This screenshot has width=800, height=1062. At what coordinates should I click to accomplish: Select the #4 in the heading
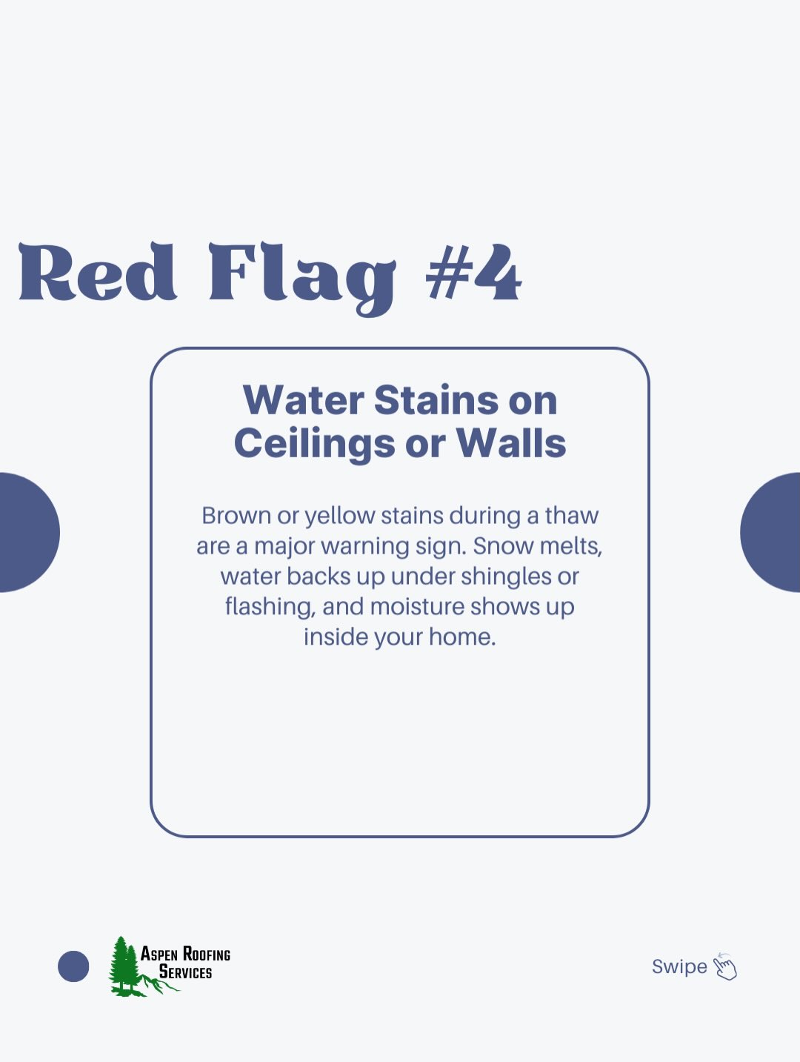pyautogui.click(x=474, y=272)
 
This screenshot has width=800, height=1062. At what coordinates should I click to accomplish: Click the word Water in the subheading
pyautogui.click(x=303, y=400)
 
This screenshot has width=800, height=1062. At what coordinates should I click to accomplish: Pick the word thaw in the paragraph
pyautogui.click(x=572, y=516)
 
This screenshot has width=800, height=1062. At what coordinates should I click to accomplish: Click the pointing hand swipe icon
pyautogui.click(x=725, y=966)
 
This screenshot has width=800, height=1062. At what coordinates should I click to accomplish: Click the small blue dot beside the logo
pyautogui.click(x=73, y=966)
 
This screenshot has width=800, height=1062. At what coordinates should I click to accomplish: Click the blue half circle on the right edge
pyautogui.click(x=771, y=532)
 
